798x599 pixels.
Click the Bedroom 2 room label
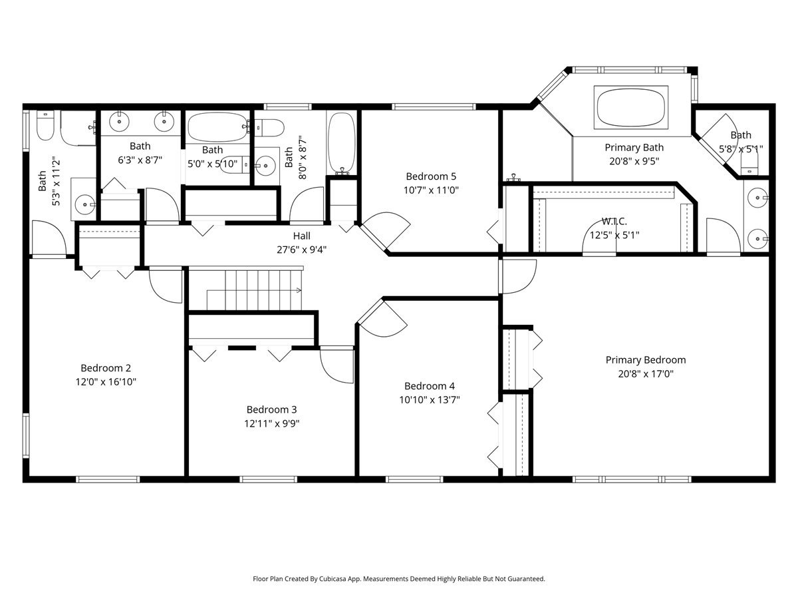coord(106,368)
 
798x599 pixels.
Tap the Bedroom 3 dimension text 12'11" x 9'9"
coord(271,423)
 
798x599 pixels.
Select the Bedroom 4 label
coord(430,386)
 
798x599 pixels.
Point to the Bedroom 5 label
coord(431,176)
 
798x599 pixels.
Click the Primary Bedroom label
coord(646,360)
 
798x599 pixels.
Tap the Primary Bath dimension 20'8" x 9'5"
coord(634,161)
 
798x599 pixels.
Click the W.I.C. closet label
coord(614,221)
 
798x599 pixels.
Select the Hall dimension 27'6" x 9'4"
coord(301,250)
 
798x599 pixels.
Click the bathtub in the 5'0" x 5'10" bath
coord(217,127)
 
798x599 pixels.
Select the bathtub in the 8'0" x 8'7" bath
coord(341,142)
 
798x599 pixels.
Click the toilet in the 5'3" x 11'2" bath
coord(45,126)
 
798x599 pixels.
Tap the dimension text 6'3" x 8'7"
coord(140,160)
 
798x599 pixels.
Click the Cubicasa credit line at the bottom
coord(399,578)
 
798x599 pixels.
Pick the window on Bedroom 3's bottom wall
coord(268,479)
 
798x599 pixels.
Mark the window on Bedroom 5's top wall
coord(434,106)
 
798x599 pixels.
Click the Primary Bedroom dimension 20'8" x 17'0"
coord(646,374)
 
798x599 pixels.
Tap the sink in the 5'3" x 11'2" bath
coord(84,204)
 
